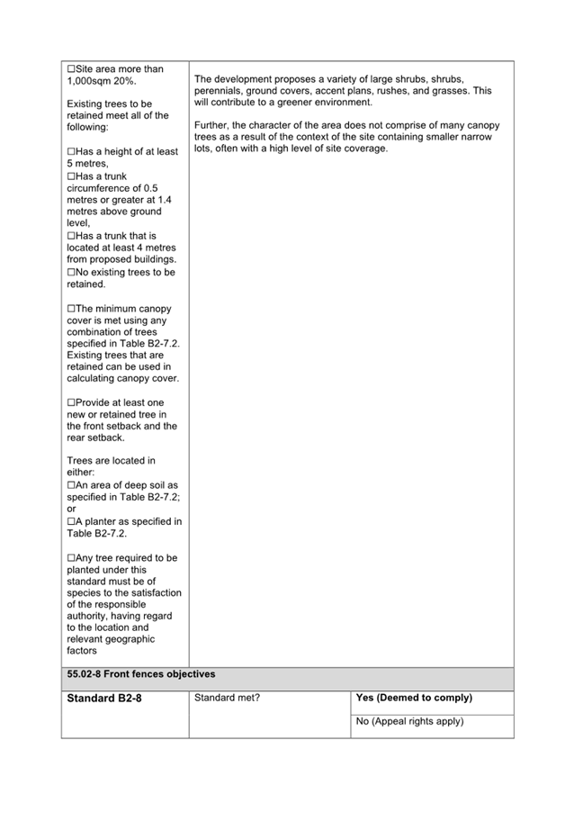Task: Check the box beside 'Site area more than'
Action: (71, 69)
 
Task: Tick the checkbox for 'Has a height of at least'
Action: (71, 152)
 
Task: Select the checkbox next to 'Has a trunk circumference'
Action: (71, 176)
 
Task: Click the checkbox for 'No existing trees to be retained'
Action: (71, 272)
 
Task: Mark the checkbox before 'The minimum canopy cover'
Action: (71, 309)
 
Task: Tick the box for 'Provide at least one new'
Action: (71, 402)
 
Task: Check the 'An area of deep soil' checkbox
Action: (71, 485)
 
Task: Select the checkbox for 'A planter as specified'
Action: (71, 521)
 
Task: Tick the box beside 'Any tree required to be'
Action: (71, 558)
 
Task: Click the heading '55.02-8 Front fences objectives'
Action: (140, 674)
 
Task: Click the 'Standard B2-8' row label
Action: (104, 699)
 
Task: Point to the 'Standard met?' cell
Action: (227, 698)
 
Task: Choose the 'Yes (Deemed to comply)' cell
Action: (414, 698)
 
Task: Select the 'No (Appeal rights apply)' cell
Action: (409, 721)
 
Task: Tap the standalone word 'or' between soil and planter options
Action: (72, 510)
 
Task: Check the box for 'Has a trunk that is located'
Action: (71, 236)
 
